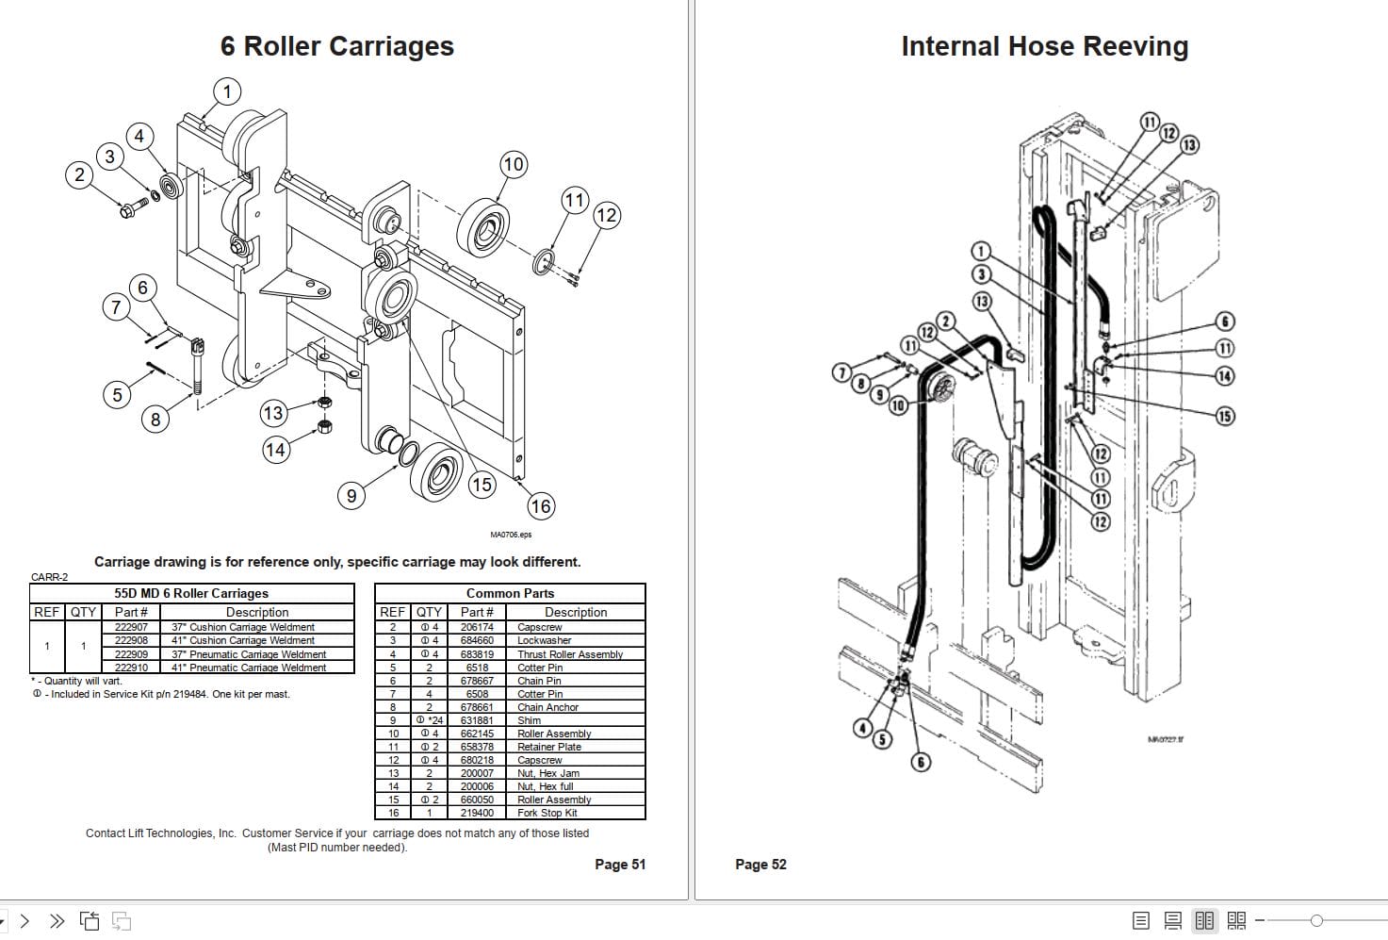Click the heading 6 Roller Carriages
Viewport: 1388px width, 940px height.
(336, 46)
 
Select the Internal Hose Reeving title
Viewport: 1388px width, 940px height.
(1044, 46)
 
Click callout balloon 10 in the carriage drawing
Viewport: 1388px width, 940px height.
(513, 165)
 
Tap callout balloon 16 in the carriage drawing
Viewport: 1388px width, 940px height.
(540, 506)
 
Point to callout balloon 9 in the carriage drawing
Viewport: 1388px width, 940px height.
(351, 496)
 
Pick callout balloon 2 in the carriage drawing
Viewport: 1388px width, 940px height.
(80, 174)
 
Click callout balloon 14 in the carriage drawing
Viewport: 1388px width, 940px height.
(275, 450)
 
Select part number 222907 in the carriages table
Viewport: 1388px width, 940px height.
(131, 627)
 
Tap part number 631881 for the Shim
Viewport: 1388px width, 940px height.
(477, 720)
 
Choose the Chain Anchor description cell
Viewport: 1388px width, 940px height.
(547, 707)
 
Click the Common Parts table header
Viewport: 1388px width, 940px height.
(510, 593)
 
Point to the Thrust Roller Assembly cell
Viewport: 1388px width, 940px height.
(569, 654)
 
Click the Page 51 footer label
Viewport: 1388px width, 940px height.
(620, 864)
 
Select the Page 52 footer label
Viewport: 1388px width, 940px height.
(760, 864)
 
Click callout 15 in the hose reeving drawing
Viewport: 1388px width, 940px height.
(1224, 416)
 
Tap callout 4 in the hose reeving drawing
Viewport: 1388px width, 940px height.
(862, 727)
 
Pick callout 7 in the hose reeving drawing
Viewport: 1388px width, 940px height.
(841, 372)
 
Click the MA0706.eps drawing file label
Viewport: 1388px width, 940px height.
(511, 535)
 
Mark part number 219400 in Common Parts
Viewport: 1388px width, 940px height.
(477, 813)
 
